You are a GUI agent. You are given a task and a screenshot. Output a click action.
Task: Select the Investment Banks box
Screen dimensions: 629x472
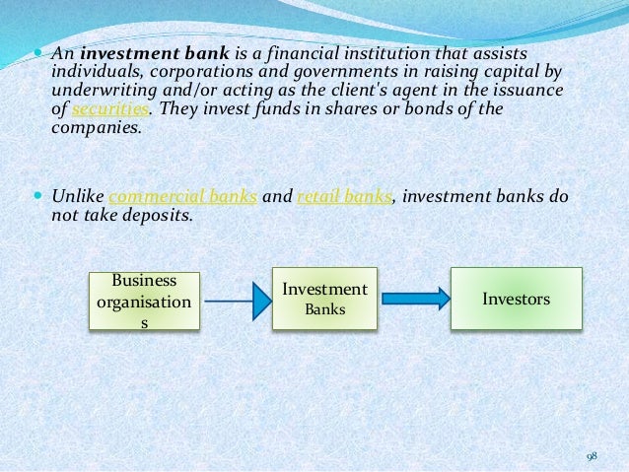tap(324, 300)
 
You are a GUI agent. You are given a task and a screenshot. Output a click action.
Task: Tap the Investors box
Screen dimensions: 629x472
tap(516, 297)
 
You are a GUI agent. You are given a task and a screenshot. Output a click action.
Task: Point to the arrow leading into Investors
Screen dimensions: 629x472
tap(412, 298)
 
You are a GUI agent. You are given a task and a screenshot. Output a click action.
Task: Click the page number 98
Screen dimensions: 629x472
tap(592, 454)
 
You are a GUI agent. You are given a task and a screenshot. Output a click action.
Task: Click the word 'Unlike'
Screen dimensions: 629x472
tap(76, 195)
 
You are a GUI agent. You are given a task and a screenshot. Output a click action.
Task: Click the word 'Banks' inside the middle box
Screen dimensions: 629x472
tap(324, 309)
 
